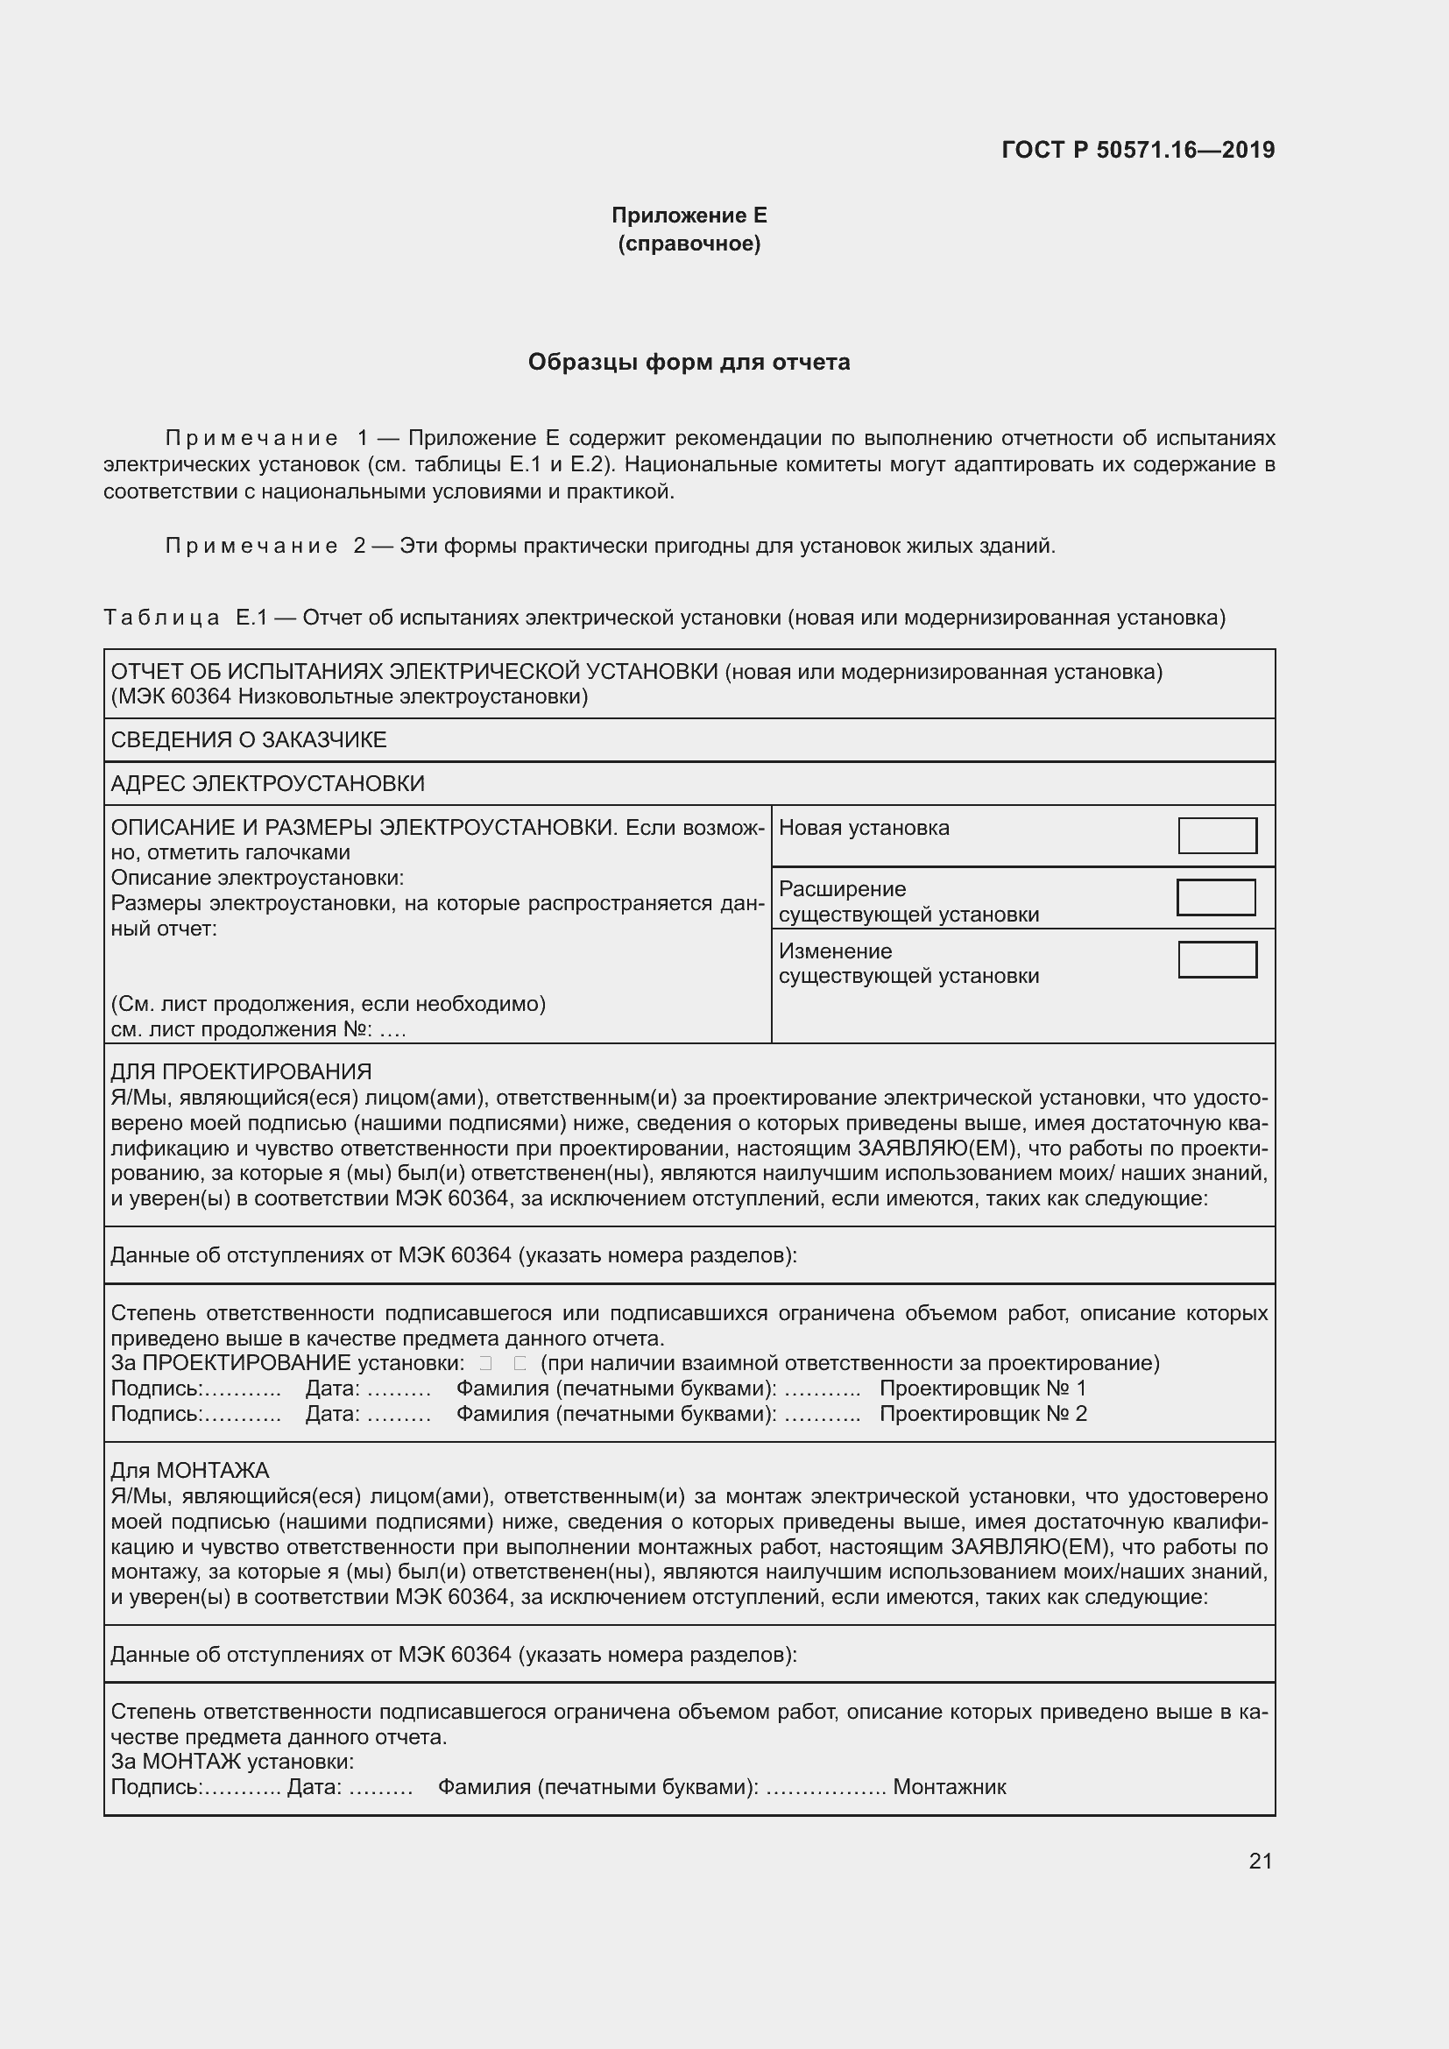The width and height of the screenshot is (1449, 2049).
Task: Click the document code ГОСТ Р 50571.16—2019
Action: point(1138,150)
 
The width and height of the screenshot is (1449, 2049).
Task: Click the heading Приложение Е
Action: point(689,215)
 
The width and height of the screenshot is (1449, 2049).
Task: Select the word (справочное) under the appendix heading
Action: point(689,244)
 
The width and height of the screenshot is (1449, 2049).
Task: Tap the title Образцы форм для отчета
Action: point(689,362)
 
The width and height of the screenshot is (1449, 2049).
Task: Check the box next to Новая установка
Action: point(1217,836)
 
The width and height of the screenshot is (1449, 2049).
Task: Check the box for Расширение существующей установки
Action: point(1215,897)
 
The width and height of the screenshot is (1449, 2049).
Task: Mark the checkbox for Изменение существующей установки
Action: point(1217,959)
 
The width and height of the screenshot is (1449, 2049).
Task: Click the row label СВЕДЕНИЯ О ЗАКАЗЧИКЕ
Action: point(248,740)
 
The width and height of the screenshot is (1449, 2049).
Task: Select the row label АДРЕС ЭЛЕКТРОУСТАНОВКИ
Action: point(268,783)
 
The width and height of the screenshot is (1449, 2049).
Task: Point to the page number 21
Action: point(1260,1861)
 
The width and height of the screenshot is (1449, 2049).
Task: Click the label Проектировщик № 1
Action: point(982,1388)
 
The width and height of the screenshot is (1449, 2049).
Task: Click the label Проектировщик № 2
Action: point(982,1414)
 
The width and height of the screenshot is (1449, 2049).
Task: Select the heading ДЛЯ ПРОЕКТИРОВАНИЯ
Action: point(241,1071)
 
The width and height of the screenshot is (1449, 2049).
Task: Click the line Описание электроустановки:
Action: point(257,877)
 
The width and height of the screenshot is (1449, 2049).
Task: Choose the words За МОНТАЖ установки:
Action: point(232,1762)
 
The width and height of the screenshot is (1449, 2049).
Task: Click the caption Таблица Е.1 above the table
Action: point(186,618)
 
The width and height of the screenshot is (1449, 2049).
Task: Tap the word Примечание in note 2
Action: point(251,545)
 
